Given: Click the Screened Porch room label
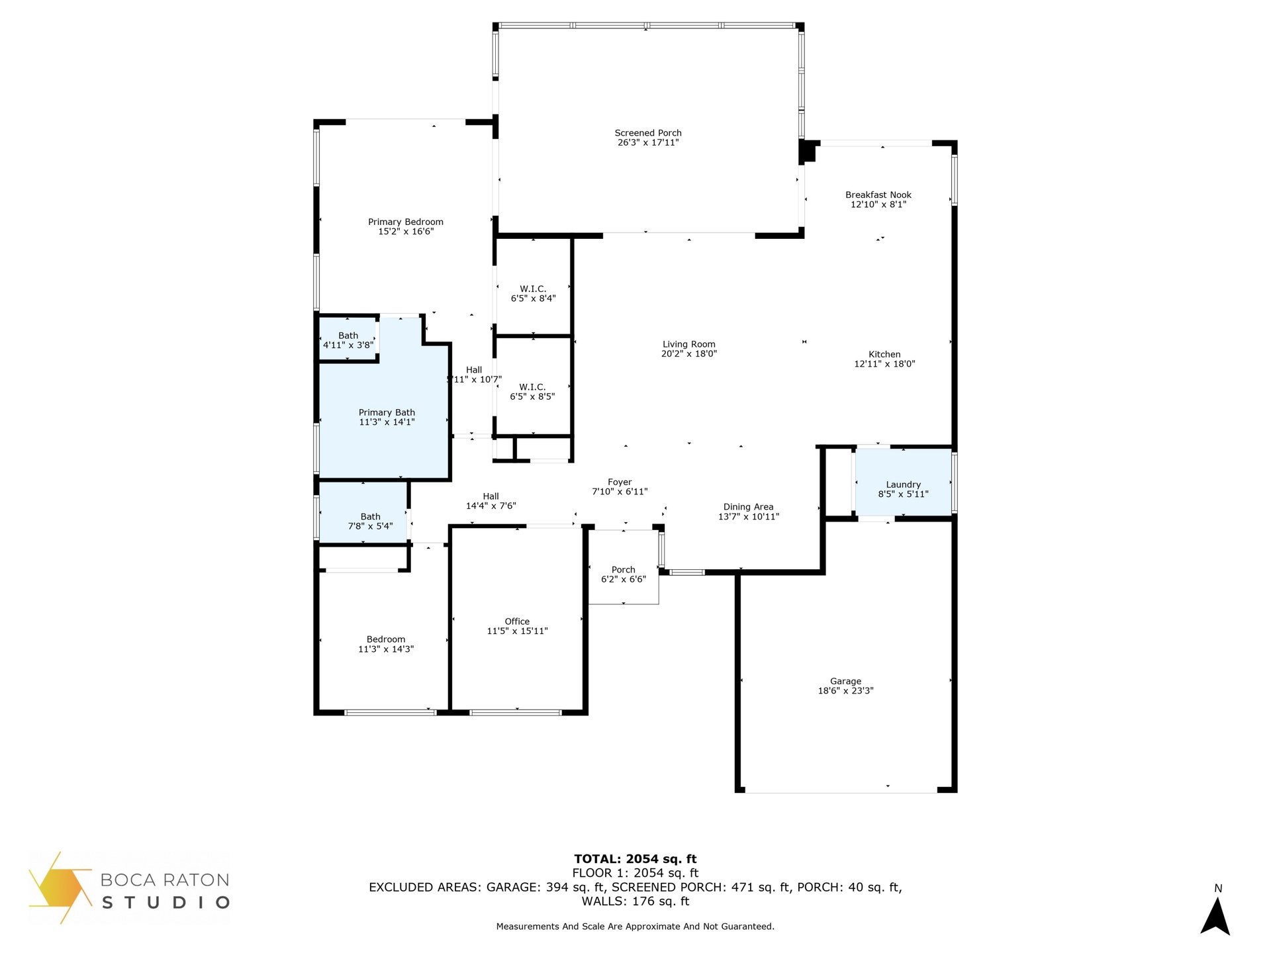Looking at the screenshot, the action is pyautogui.click(x=648, y=133).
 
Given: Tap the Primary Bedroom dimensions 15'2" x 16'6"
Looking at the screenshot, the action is pyautogui.click(x=406, y=232).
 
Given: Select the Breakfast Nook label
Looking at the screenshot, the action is pyautogui.click(x=878, y=195).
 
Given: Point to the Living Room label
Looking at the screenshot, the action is pyautogui.click(x=689, y=344).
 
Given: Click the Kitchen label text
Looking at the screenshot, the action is pyautogui.click(x=884, y=354).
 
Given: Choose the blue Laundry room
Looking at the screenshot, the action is pyautogui.click(x=904, y=482).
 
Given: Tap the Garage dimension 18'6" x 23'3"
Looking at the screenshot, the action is pyautogui.click(x=846, y=691).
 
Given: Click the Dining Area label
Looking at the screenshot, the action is pyautogui.click(x=748, y=507).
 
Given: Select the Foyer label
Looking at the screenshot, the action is pyautogui.click(x=620, y=482).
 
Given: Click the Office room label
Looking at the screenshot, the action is pyautogui.click(x=517, y=621).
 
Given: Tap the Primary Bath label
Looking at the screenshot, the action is pyautogui.click(x=387, y=412).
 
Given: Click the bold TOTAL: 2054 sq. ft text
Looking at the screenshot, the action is pyautogui.click(x=635, y=859).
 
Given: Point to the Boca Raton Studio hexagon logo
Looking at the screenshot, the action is pyautogui.click(x=60, y=887).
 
